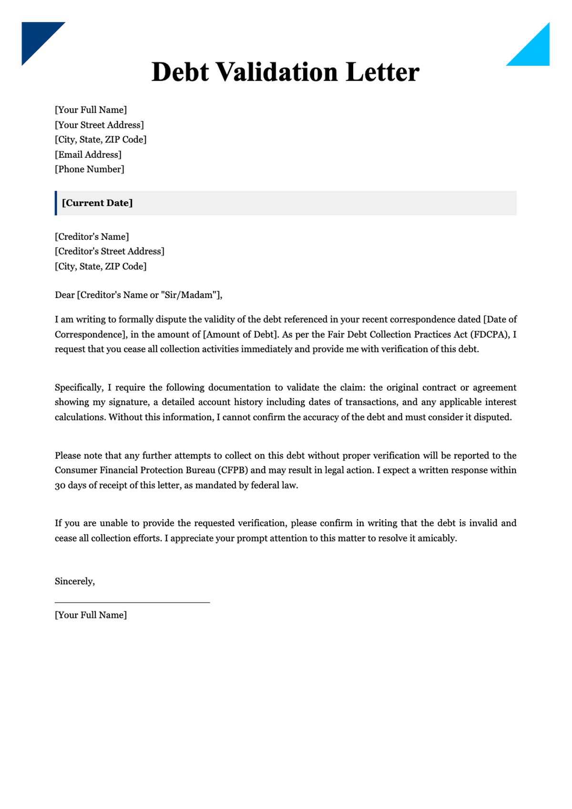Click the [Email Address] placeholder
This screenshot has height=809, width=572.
88,154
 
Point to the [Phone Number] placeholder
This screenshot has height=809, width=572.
90,169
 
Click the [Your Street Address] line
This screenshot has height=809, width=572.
99,125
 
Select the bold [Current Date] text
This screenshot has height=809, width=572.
97,203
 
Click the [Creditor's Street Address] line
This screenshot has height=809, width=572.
110,251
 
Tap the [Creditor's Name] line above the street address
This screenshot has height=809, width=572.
92,236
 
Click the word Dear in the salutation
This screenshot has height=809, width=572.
65,295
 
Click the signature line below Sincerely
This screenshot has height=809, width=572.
132,603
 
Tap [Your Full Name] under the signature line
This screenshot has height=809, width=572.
91,615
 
